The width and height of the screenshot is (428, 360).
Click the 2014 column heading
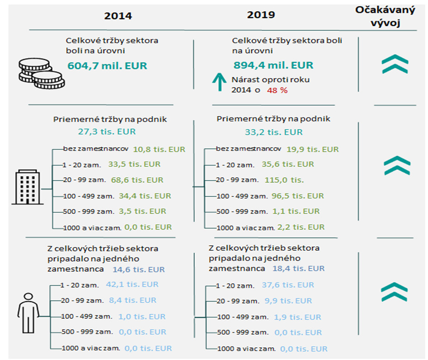click(118, 16)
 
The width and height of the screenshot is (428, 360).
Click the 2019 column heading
click(261, 15)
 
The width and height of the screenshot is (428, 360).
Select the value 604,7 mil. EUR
click(107, 66)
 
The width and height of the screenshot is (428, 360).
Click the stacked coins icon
click(41, 73)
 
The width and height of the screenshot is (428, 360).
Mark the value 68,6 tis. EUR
click(137, 180)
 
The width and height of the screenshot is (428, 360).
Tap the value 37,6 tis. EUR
click(288, 285)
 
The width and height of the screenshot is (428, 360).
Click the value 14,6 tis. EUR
click(138, 269)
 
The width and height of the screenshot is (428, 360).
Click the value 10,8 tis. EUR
click(159, 149)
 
